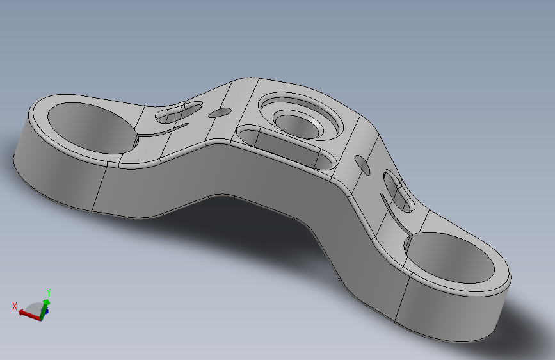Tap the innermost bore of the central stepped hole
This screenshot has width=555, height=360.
pos(299,126)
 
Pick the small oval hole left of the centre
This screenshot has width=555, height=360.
pos(220,113)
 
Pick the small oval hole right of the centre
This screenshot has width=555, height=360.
pos(362,165)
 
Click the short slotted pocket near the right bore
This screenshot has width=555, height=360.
pos(399,191)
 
